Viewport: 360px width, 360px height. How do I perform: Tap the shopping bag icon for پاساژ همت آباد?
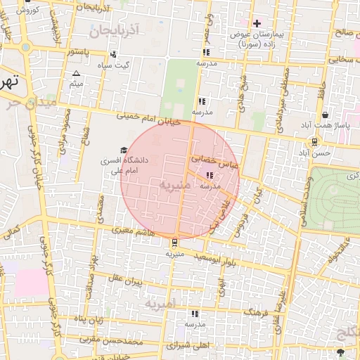[325, 115]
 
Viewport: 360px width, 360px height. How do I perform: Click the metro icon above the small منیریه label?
[174, 243]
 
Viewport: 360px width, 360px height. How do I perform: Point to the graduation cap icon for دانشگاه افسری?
[124, 150]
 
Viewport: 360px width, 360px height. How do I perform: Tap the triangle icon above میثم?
[76, 73]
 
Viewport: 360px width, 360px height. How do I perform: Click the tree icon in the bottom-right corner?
[341, 351]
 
